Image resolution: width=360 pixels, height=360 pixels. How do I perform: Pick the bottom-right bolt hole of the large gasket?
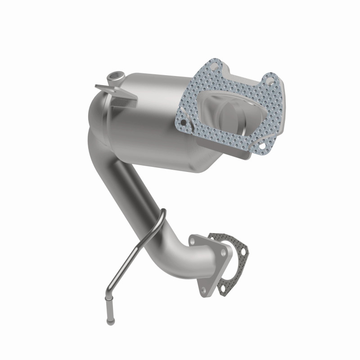[x=260, y=145]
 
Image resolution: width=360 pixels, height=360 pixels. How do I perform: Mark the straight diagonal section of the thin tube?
[x=130, y=261]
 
